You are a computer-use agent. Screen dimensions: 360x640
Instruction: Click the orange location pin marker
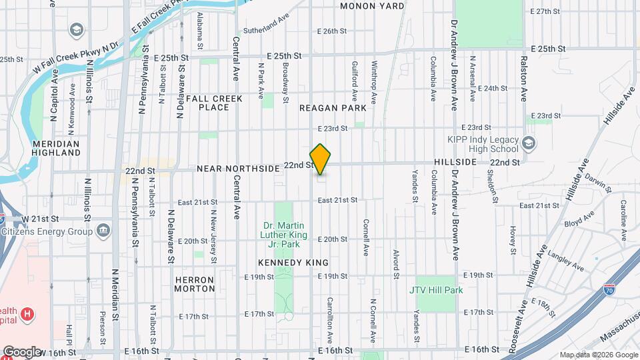321,159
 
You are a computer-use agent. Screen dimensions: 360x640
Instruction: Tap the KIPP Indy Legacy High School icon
529,143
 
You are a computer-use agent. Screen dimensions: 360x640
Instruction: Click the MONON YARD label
372,6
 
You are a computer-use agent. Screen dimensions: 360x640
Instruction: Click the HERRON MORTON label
194,284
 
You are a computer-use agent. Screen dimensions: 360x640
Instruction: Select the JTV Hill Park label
436,291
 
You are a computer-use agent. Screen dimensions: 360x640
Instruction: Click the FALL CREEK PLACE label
214,103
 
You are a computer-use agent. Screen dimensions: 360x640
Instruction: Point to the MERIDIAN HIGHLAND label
56,148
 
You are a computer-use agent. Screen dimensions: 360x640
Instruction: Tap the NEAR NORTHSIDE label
238,169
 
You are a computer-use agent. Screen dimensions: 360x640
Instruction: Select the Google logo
22,352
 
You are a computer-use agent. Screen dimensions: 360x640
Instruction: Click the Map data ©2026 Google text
598,355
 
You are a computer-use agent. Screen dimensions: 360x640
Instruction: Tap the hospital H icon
27,313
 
